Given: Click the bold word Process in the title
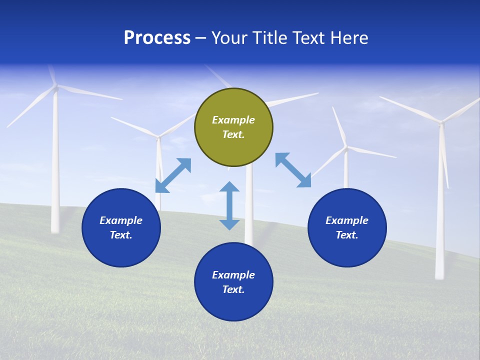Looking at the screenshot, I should pos(157,38).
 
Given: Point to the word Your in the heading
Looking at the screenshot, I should pos(229,38).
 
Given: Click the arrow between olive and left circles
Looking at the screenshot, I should pos(173,175).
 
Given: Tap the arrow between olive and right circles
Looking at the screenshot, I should pos(293,170).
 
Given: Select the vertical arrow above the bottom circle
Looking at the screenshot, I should pos(229,205).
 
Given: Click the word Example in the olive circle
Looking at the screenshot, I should pos(233,120).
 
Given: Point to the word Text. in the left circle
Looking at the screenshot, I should pos(121,235).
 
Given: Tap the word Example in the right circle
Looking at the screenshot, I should pos(347,220).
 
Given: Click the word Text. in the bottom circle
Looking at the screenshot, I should pos(233,289).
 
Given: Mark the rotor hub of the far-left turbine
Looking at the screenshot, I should pos(56,87).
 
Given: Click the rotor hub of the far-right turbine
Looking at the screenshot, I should pos(441,121).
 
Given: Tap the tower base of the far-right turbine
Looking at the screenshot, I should pos(439,275).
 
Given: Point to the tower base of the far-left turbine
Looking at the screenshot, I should pos(55,229).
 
